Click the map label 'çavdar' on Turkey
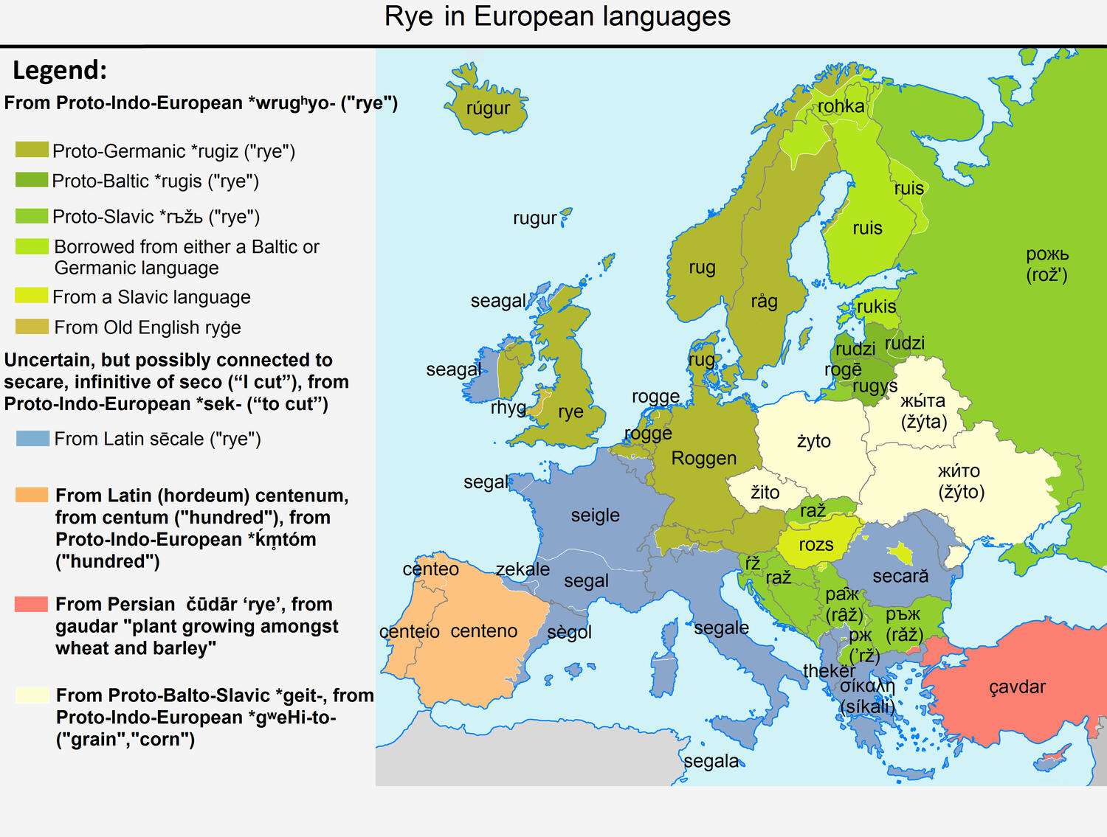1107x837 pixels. (1017, 687)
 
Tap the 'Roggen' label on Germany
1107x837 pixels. (703, 459)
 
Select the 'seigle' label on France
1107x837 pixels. (595, 515)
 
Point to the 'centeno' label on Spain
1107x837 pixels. (483, 631)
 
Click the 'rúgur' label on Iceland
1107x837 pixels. (488, 108)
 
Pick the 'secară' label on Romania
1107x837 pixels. (900, 576)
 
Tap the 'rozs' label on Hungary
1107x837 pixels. (815, 545)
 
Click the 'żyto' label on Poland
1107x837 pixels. (813, 441)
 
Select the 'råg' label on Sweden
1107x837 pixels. (764, 301)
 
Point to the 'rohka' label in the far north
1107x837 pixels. (841, 107)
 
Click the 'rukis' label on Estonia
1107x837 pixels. (876, 307)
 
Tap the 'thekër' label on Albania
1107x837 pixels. (829, 671)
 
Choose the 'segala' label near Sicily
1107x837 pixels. (711, 761)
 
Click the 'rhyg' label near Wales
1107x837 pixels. (508, 408)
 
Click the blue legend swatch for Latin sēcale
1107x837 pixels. (32, 439)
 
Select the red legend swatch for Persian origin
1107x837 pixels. (32, 605)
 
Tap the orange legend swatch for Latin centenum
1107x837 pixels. (32, 496)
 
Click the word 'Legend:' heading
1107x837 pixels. (60, 71)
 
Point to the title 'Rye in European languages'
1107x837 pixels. (557, 17)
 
